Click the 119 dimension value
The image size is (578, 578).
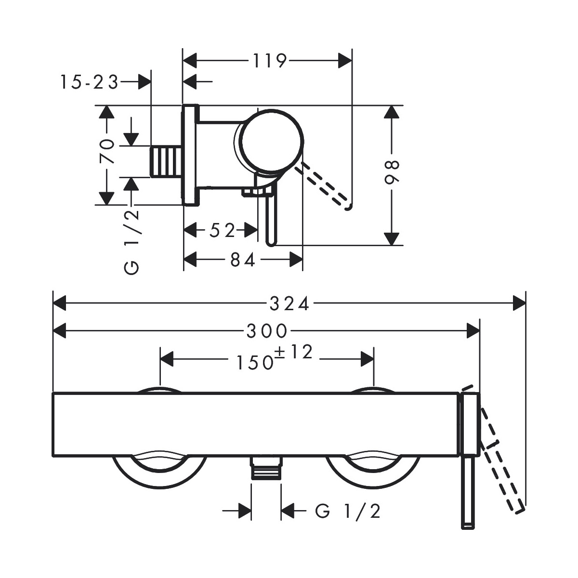tap(269, 61)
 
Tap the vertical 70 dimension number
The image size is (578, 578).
tap(107, 151)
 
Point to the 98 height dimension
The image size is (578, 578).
tap(393, 172)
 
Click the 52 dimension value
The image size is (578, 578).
tap(222, 231)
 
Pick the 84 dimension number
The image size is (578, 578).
tap(243, 260)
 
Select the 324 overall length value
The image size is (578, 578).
tap(289, 304)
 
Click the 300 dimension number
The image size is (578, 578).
tap(267, 331)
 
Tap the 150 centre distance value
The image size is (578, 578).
tap(254, 362)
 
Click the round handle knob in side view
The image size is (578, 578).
tap(272, 141)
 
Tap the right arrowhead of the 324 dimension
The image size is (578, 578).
tap(519, 303)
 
